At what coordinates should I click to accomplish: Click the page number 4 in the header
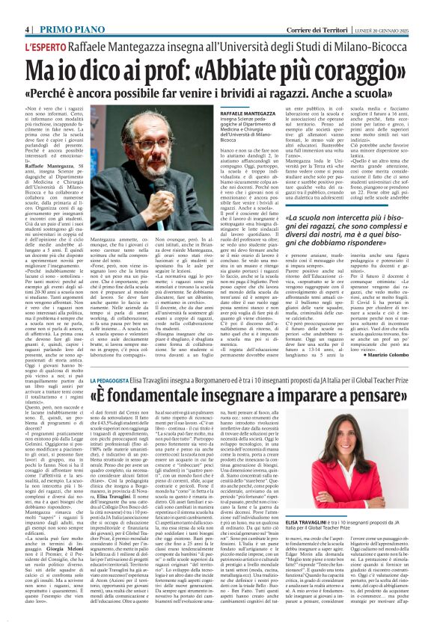(x=27, y=9)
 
